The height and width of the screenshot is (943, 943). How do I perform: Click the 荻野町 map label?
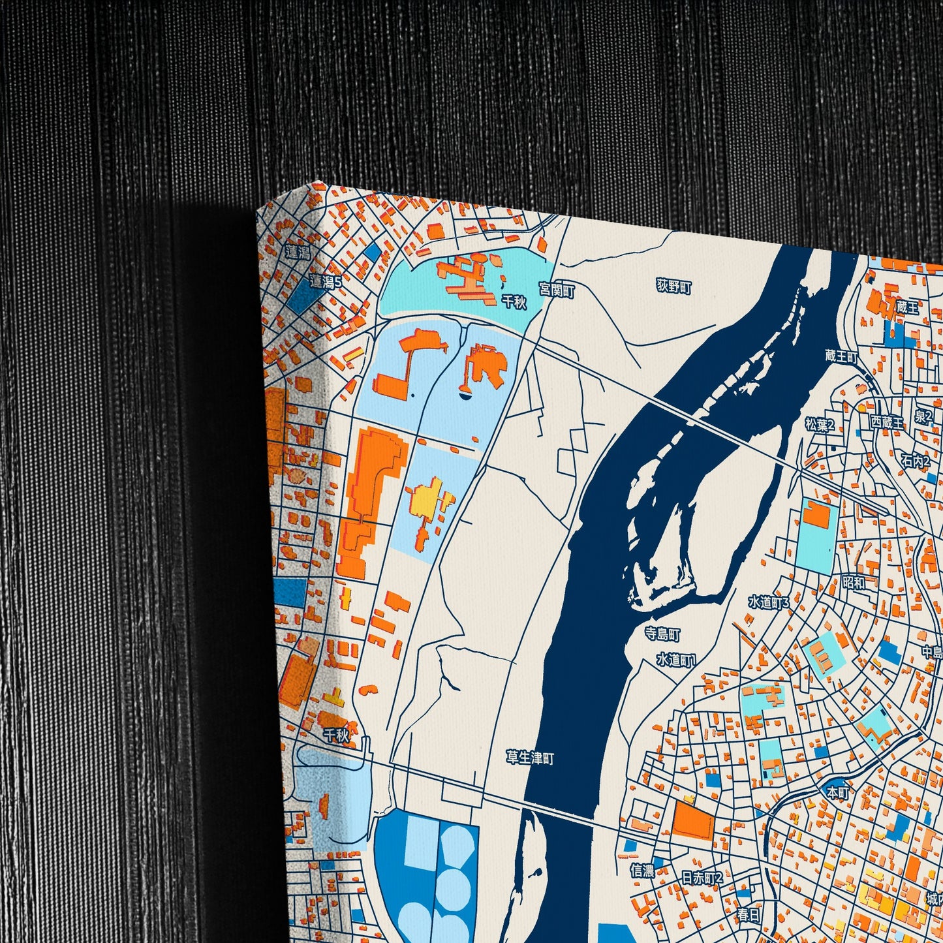point(674,286)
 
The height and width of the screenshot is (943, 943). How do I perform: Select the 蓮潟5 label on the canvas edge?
point(326,281)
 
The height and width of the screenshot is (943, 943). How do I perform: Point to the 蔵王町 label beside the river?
point(841,356)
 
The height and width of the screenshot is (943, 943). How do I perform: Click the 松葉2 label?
point(820,425)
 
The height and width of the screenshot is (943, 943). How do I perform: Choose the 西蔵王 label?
point(888,422)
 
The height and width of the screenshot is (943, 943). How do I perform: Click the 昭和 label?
point(854,581)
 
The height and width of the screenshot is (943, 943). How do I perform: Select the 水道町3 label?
point(769,602)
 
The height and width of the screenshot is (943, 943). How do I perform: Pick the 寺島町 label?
point(662,634)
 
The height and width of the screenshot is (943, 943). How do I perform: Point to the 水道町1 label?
point(677,660)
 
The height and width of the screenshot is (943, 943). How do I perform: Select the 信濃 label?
point(642,870)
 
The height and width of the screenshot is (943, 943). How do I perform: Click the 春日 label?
point(749,915)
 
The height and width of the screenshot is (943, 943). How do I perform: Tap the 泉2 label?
point(923,416)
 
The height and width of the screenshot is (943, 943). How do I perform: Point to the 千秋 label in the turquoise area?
point(514,301)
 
